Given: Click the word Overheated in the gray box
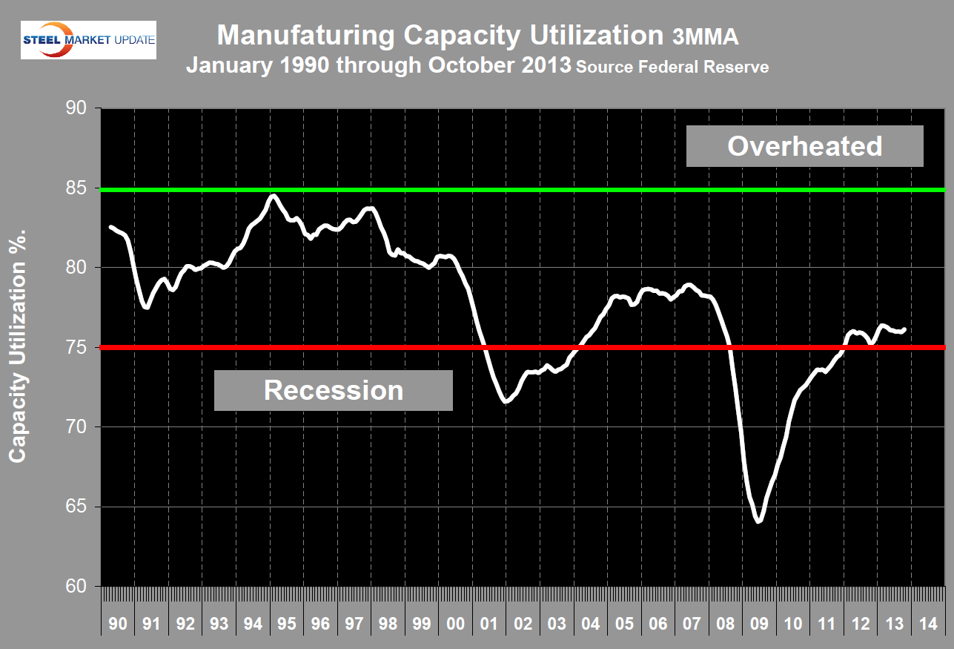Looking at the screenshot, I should tap(804, 146).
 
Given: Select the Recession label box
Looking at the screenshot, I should tap(334, 390).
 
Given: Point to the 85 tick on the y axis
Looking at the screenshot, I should tap(76, 188).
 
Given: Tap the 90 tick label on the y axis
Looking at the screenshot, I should tap(76, 108).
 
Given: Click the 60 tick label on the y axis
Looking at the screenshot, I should tap(76, 587).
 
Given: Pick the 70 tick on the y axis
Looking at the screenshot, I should tap(76, 427).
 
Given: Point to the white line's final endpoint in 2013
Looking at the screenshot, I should tap(905, 329).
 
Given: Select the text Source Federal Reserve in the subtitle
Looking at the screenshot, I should tap(672, 67).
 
